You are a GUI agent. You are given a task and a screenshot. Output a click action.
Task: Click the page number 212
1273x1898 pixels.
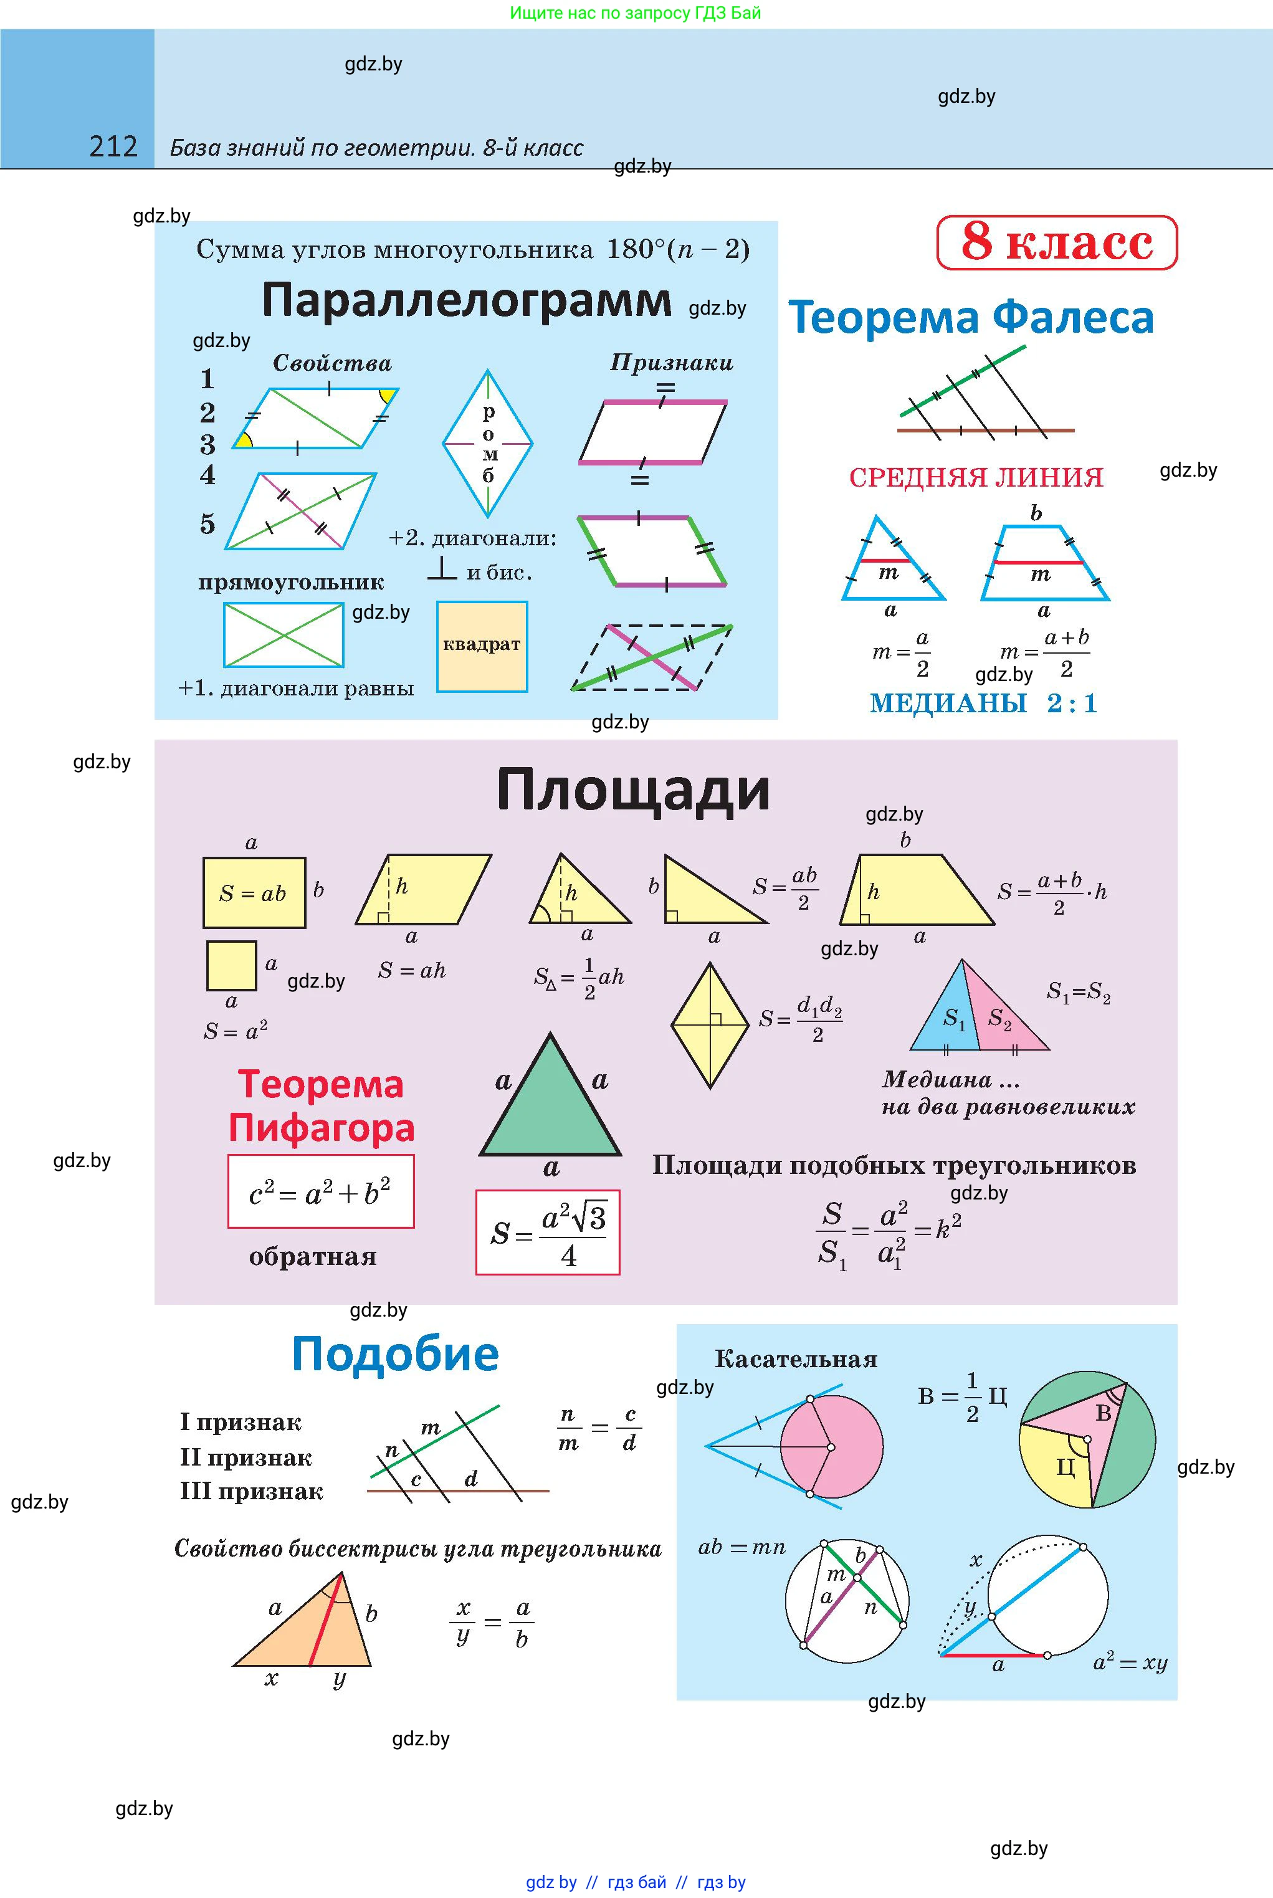tap(113, 147)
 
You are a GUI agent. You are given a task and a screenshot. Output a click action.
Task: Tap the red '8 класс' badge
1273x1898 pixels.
tap(1056, 242)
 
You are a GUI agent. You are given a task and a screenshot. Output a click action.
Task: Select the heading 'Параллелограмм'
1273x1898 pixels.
tap(466, 300)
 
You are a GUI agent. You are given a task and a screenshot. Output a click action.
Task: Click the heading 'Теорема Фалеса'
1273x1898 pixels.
tap(971, 317)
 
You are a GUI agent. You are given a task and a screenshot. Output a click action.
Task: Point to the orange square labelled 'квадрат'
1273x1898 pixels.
tap(482, 646)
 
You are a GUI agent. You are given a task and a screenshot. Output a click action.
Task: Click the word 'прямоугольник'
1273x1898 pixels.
tap(290, 582)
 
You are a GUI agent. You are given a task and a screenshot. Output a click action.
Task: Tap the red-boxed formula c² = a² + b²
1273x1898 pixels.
tap(321, 1192)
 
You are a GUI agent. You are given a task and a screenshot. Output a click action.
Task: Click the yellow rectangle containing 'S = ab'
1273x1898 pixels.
tap(254, 893)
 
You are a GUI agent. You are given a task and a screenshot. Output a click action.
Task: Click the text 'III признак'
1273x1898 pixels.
tap(251, 1491)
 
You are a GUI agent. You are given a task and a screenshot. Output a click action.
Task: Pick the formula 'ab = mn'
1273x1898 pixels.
tap(741, 1547)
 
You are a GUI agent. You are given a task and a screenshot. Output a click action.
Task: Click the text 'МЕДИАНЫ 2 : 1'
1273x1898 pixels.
tap(983, 703)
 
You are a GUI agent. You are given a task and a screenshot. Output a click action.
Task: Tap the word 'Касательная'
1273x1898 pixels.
tap(796, 1360)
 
